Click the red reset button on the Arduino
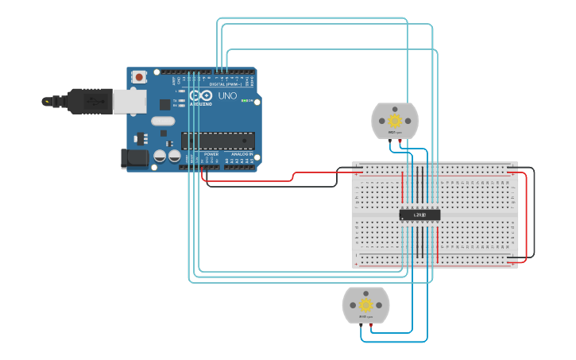(x=140, y=77)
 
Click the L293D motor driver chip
(x=419, y=215)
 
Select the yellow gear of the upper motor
(x=395, y=121)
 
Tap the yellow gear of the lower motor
(x=365, y=305)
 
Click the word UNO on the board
(x=227, y=96)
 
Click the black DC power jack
(x=134, y=157)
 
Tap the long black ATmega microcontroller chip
(x=218, y=141)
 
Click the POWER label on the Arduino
(x=211, y=154)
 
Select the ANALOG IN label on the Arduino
(x=242, y=154)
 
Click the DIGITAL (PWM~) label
(x=225, y=83)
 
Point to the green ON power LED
(x=257, y=101)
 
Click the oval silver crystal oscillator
(x=162, y=122)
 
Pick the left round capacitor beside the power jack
(x=160, y=157)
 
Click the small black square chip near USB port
(x=164, y=103)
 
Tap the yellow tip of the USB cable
(x=47, y=102)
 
